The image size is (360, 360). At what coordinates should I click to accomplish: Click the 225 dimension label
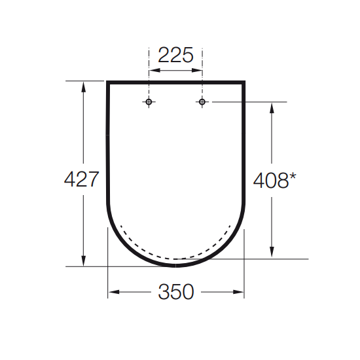(x=175, y=55)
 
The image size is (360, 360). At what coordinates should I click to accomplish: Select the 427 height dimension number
(x=82, y=179)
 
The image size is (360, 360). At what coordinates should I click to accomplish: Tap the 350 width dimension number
(x=176, y=291)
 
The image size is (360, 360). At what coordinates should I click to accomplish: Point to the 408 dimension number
(x=271, y=181)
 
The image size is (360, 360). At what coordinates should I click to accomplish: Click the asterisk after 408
(x=293, y=177)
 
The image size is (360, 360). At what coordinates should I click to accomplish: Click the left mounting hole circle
(x=149, y=101)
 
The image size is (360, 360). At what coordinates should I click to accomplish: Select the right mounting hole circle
(x=202, y=101)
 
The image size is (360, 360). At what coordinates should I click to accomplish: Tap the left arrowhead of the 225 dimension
(x=154, y=70)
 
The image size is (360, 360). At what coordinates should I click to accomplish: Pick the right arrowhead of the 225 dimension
(x=197, y=70)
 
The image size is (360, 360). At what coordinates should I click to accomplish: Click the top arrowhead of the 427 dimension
(x=83, y=87)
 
